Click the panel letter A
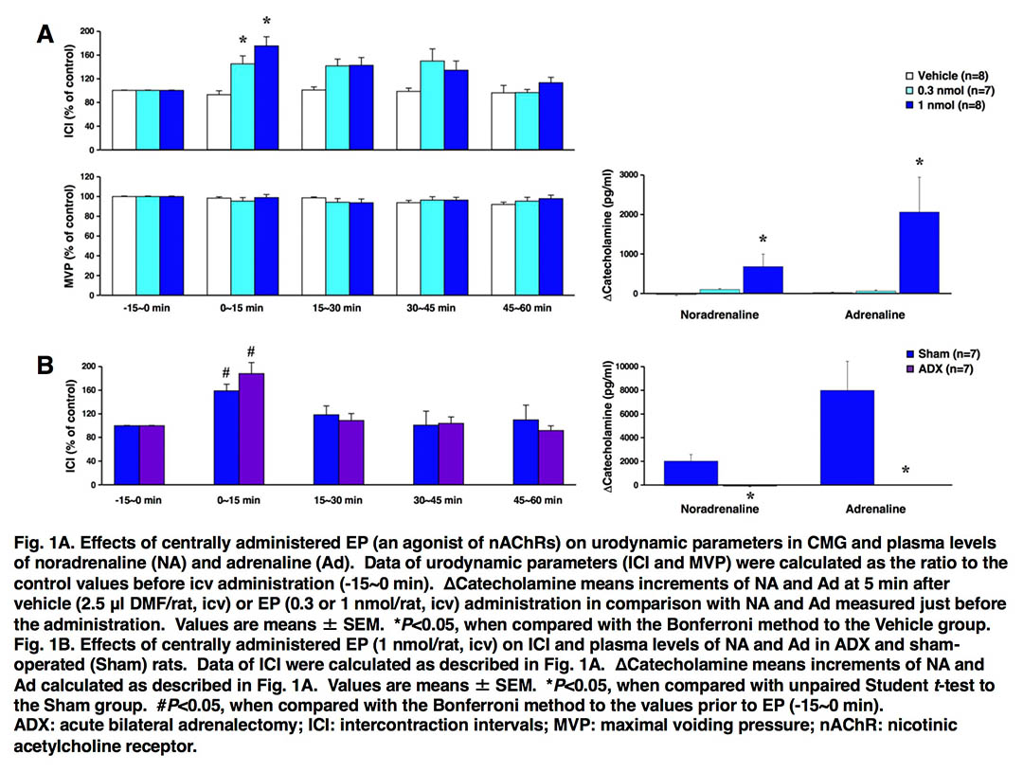click(x=45, y=35)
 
